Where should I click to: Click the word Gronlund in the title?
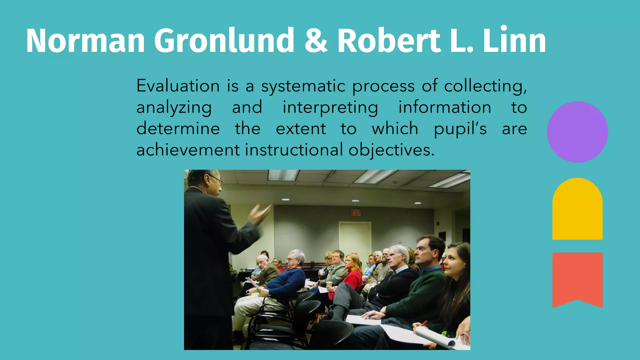(x=224, y=41)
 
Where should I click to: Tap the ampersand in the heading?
(x=316, y=41)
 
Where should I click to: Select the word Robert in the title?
(x=389, y=41)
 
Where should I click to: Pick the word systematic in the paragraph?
(x=303, y=87)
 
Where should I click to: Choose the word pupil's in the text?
(x=460, y=129)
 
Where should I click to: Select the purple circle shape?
(x=577, y=132)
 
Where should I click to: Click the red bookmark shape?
(x=577, y=278)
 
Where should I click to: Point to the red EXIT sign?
(x=356, y=213)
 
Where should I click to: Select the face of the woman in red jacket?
(x=352, y=263)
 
